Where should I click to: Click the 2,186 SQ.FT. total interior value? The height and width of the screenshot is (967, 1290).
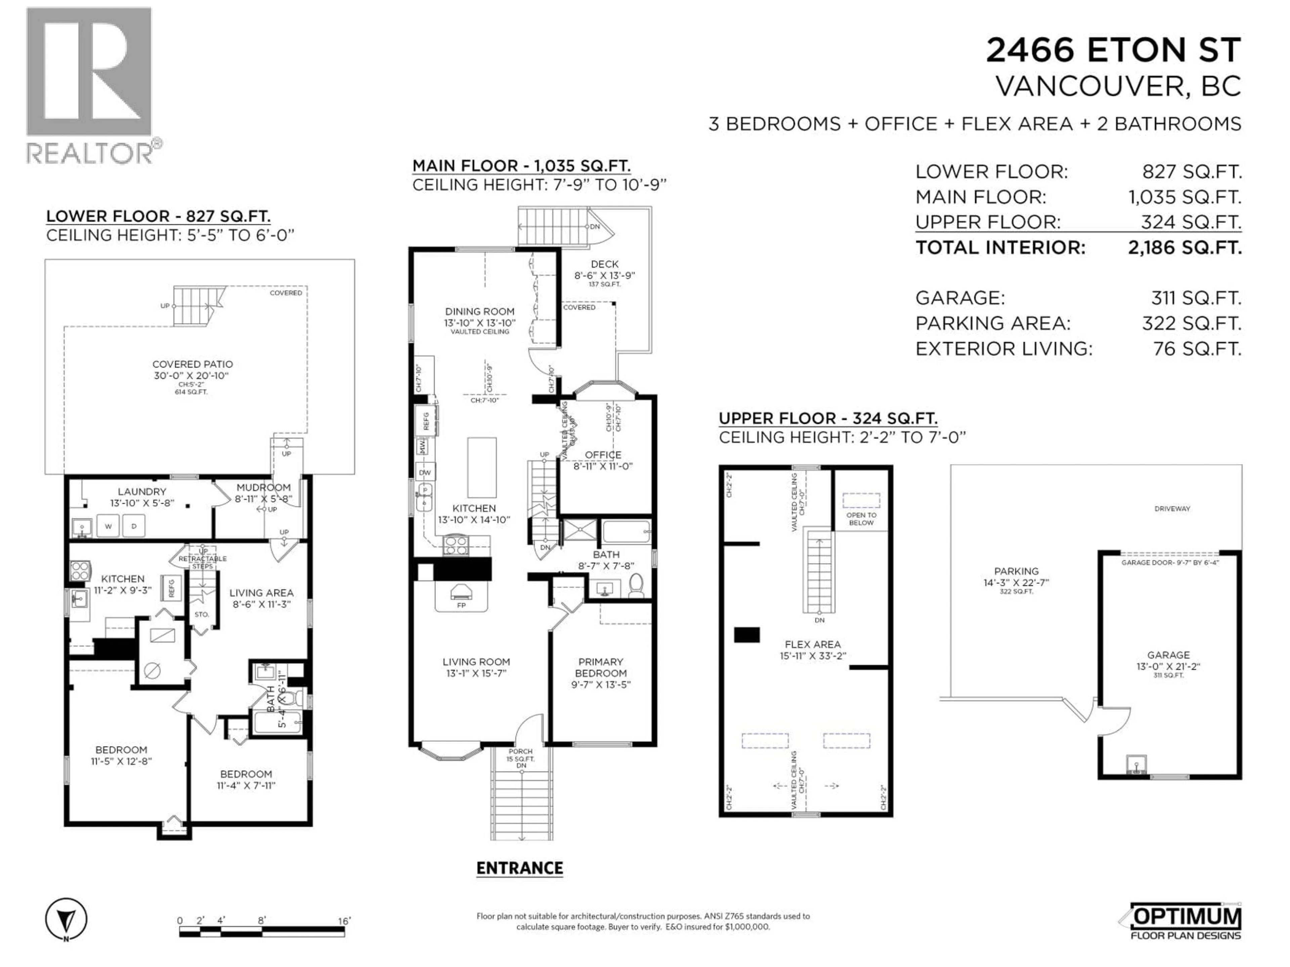[x=1184, y=248]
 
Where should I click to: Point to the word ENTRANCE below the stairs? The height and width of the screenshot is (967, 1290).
[x=520, y=869]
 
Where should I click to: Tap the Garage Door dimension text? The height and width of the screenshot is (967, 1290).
[x=1170, y=562]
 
